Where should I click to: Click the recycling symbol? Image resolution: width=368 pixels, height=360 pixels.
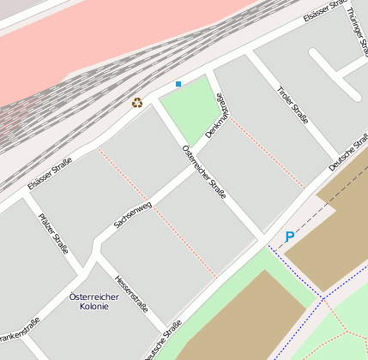[137, 103]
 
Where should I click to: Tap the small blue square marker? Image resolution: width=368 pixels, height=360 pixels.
[178, 84]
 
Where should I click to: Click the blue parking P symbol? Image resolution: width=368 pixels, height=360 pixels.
[290, 237]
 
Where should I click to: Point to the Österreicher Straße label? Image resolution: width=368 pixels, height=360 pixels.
[204, 171]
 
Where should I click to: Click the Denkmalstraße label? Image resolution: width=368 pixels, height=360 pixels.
[219, 117]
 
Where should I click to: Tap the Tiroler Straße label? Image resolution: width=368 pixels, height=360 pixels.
[293, 105]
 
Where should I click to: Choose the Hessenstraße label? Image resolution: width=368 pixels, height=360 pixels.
[132, 295]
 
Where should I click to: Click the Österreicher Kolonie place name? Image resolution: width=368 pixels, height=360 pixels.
[94, 301]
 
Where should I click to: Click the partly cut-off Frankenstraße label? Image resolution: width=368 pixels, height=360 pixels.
[19, 330]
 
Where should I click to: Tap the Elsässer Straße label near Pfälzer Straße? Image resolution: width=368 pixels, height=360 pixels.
[49, 172]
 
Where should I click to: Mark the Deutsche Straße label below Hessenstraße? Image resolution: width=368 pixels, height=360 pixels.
[163, 340]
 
